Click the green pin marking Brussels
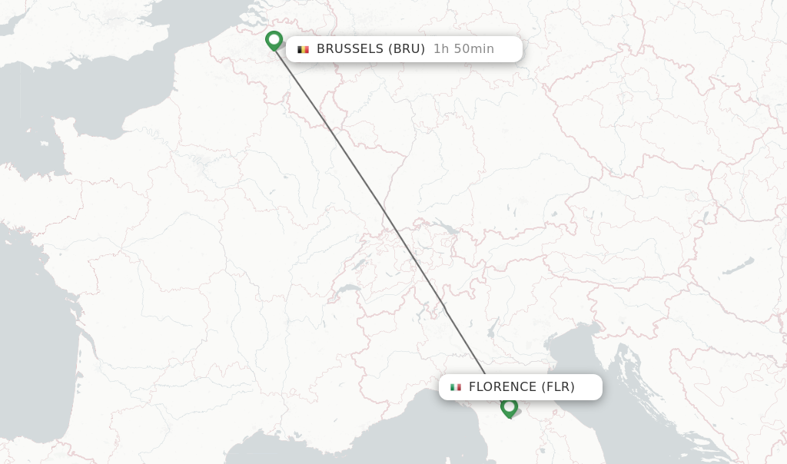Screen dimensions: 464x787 tap(274, 40)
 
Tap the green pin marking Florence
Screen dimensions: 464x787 tap(509, 407)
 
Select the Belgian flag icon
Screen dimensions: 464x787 tap(304, 49)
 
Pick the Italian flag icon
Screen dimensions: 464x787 tap(456, 387)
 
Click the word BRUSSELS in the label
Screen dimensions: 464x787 tap(349, 49)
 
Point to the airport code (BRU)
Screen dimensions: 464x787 tap(406, 49)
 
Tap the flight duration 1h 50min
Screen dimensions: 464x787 tap(463, 49)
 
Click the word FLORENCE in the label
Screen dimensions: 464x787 tap(503, 387)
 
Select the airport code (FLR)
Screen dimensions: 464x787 tap(558, 387)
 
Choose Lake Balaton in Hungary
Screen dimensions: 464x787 tap(738, 267)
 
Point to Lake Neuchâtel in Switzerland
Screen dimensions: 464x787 tap(358, 263)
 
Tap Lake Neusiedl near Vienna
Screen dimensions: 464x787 tap(705, 218)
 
